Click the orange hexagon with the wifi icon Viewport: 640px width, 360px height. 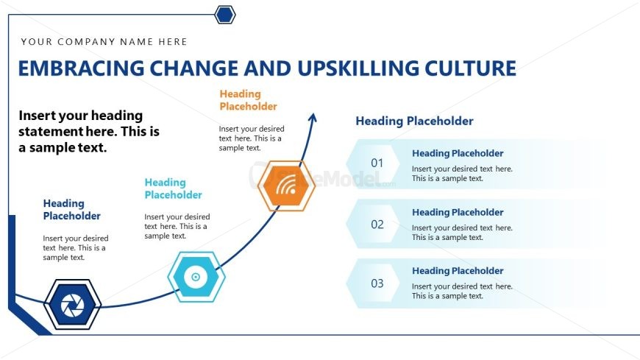click(287, 186)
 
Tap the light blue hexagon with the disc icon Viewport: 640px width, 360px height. click(196, 277)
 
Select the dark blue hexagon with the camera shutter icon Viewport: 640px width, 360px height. click(72, 305)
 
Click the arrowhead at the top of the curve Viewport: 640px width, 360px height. click(312, 118)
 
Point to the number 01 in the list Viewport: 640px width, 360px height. click(377, 163)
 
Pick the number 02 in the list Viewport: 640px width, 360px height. click(377, 225)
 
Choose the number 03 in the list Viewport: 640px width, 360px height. click(377, 283)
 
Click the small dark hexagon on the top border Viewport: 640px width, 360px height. click(225, 15)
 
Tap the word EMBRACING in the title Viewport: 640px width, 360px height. click(81, 68)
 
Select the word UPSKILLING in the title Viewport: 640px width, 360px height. click(358, 68)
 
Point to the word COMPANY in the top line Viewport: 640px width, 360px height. click(87, 42)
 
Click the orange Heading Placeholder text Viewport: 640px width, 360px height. click(248, 100)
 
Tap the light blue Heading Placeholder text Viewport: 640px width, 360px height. click(173, 188)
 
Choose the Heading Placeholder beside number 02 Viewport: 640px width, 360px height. click(458, 213)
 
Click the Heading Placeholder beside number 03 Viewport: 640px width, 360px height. click(458, 271)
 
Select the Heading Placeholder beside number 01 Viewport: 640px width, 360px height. click(458, 154)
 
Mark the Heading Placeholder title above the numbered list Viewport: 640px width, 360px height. click(414, 121)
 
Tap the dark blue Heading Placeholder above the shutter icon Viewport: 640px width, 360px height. click(72, 210)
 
